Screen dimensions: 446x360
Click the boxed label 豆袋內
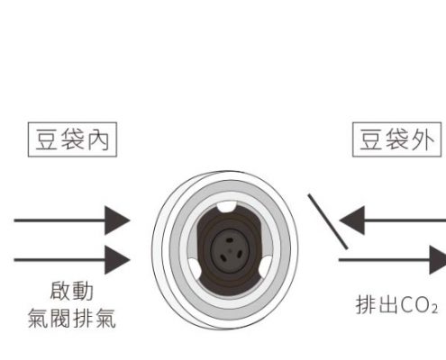coord(72,139)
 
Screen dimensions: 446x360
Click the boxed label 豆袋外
coord(396,139)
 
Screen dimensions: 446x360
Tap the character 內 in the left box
coord(98,140)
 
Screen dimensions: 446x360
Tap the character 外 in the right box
coord(423,140)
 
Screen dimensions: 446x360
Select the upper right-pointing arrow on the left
coord(72,220)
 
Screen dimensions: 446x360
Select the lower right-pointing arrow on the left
coord(72,259)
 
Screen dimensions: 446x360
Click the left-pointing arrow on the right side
coord(393,220)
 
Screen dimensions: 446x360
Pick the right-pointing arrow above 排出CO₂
coord(393,259)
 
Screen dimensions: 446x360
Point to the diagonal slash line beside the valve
coord(328,221)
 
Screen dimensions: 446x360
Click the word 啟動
coord(72,291)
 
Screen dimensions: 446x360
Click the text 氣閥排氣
coord(72,318)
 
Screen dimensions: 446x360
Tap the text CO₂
coord(419,305)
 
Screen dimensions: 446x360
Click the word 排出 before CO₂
coord(378,305)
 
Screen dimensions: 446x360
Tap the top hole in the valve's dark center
coord(229,240)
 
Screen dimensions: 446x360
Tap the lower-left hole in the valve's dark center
coord(223,257)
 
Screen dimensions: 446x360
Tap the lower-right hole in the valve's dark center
coord(240,255)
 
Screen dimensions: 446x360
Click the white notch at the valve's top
coord(226,207)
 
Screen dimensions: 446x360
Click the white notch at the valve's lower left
coord(196,268)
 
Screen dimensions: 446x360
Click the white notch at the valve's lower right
coord(265,266)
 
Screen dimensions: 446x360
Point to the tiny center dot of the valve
coord(230,250)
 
